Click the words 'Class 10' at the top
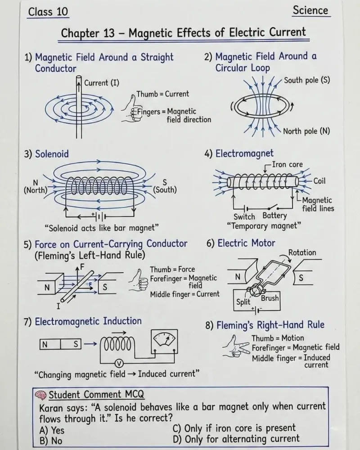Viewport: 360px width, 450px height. click(48, 12)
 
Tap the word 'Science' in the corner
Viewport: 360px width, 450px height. click(310, 10)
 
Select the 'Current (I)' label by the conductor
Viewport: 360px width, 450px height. click(102, 83)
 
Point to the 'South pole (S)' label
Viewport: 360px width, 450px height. click(307, 80)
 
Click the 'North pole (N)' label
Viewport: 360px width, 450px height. click(306, 131)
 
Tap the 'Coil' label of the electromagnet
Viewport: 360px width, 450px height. click(319, 181)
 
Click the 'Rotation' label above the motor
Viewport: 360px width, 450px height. click(302, 252)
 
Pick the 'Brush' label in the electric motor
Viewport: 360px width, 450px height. click(270, 298)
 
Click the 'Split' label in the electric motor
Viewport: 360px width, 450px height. click(243, 302)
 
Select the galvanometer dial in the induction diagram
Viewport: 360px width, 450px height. click(164, 342)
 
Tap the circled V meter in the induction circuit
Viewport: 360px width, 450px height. click(119, 364)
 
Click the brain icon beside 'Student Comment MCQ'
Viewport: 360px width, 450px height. click(40, 395)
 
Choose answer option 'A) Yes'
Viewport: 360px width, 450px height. click(52, 430)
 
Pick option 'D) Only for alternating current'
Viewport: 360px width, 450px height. click(236, 439)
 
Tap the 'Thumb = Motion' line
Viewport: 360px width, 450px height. click(278, 338)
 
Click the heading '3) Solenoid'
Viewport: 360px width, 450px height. click(46, 154)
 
